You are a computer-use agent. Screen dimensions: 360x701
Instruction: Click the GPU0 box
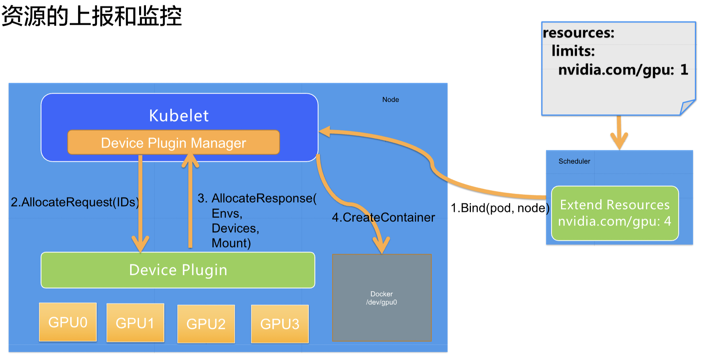click(x=68, y=322)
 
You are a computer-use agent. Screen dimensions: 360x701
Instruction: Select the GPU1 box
click(x=135, y=323)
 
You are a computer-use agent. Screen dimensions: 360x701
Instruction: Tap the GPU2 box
click(x=206, y=324)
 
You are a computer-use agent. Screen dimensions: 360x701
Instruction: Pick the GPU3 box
click(x=280, y=324)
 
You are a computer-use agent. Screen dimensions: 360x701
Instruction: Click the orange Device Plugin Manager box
click(x=174, y=143)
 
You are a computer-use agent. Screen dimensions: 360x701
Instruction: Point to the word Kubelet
click(x=179, y=116)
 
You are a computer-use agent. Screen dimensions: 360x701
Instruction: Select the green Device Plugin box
click(x=178, y=270)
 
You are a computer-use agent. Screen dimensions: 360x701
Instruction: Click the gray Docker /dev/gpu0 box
click(x=382, y=298)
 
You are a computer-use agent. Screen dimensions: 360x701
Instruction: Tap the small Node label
click(x=390, y=100)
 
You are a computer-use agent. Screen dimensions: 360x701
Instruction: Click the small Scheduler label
click(x=574, y=161)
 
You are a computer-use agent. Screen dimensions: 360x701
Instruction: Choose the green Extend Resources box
click(x=615, y=213)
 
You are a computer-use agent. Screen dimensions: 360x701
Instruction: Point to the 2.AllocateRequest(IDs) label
click(x=75, y=202)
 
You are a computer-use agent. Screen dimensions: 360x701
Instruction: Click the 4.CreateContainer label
click(x=383, y=217)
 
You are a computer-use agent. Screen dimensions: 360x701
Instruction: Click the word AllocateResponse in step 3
click(x=262, y=198)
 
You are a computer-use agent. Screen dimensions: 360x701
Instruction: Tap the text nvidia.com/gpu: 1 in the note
click(x=623, y=69)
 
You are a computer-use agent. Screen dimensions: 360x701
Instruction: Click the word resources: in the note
click(x=579, y=33)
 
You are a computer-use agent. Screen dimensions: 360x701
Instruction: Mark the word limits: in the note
click(x=573, y=51)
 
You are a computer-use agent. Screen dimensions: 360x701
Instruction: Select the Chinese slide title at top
click(x=92, y=16)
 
